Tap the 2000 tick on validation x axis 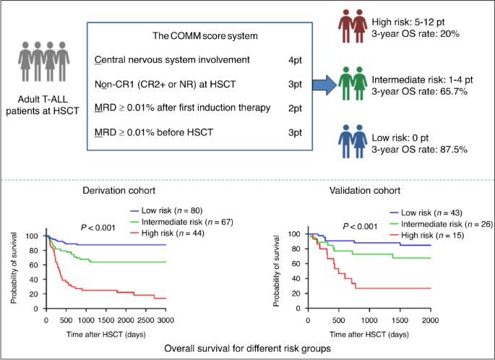point(431,319)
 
